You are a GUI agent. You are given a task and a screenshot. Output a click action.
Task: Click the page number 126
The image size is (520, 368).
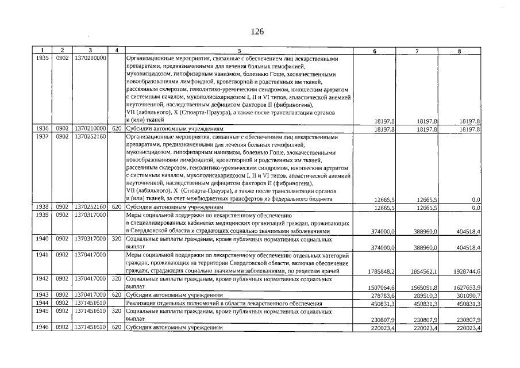click(257, 32)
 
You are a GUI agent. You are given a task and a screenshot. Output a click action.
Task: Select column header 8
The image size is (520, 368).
click(459, 51)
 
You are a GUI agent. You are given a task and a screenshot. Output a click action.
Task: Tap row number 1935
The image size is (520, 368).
click(42, 59)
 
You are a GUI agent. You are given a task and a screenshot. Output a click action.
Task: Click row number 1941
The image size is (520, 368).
click(42, 254)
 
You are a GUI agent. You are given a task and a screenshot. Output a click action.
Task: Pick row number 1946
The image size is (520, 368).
click(42, 328)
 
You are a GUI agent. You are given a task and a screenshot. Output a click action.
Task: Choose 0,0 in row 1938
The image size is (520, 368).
click(476, 207)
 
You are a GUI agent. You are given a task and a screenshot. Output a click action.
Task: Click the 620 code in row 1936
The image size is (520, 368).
click(117, 129)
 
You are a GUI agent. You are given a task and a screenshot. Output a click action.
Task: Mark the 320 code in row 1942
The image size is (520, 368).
click(117, 279)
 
